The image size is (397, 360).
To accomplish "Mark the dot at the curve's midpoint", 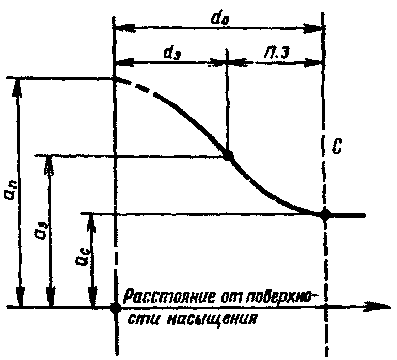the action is click(228, 155).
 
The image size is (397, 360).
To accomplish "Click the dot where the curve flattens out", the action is click(324, 214).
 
